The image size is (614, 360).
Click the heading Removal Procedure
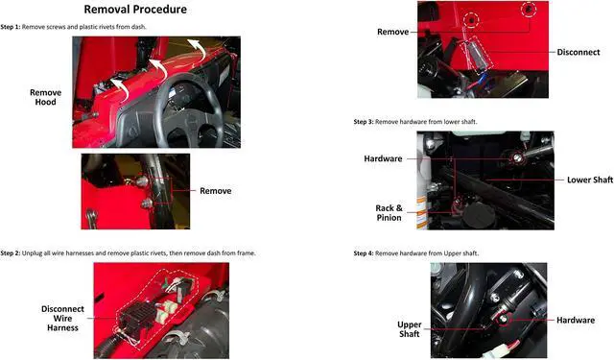(x=135, y=10)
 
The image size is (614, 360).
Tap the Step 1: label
(x=11, y=27)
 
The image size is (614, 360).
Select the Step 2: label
(x=11, y=253)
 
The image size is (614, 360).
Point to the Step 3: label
(x=364, y=122)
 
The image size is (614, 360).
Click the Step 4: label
(x=364, y=253)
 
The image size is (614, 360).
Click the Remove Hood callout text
(x=45, y=97)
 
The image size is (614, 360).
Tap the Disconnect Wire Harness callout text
(x=62, y=319)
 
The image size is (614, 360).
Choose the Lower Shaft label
(x=590, y=180)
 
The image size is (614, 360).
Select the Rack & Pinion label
(x=389, y=213)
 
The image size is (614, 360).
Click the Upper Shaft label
(x=410, y=329)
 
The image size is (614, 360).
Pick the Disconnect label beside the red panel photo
(x=579, y=52)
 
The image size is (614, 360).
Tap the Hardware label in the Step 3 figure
(x=383, y=158)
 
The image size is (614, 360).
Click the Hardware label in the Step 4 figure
(x=576, y=320)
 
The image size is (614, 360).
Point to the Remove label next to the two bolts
(x=215, y=191)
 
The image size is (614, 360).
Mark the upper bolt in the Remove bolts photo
(x=142, y=181)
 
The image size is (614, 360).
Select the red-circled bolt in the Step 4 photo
(x=504, y=320)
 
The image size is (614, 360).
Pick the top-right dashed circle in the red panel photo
(x=529, y=9)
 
